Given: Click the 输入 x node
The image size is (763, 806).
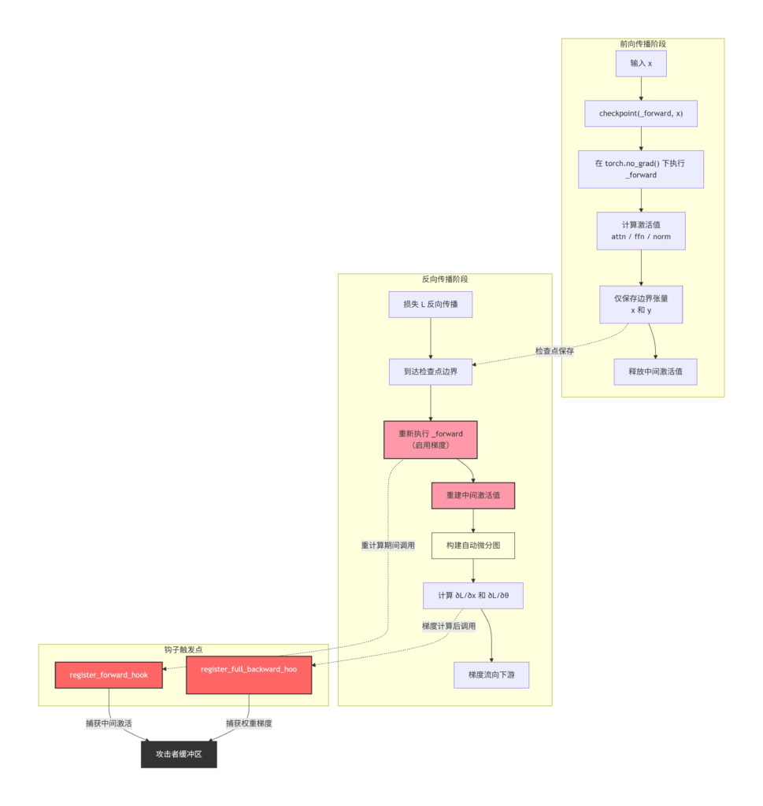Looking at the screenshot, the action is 641,64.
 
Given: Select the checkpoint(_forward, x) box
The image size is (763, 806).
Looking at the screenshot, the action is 641,113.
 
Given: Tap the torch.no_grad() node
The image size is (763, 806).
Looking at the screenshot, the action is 641,169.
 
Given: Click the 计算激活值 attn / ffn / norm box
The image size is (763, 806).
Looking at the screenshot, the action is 641,231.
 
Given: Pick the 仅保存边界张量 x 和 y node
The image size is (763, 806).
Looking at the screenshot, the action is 641,305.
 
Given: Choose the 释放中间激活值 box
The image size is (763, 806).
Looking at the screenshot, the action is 656,372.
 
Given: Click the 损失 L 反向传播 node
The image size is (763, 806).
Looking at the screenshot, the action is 431,305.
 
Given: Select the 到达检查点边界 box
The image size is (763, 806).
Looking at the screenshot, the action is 431,372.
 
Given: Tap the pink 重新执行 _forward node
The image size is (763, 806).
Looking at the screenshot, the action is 431,439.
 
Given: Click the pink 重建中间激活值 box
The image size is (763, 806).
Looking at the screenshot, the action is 473,496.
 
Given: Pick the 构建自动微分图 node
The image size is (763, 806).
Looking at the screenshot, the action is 473,545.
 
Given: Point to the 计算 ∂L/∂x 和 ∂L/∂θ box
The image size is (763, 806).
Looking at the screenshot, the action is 473,596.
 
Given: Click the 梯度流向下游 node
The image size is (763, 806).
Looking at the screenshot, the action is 491,675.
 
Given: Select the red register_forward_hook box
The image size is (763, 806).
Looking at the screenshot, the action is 109,675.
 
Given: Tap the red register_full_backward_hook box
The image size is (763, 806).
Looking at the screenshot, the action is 249,675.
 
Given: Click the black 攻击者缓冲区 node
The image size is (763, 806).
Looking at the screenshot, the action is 179,755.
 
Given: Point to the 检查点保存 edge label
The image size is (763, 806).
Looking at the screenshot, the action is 554,351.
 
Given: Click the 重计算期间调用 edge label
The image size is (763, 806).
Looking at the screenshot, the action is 387,545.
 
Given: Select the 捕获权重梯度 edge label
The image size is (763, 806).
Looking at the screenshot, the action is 249,724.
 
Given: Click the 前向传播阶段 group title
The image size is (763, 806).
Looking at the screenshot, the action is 643,44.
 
